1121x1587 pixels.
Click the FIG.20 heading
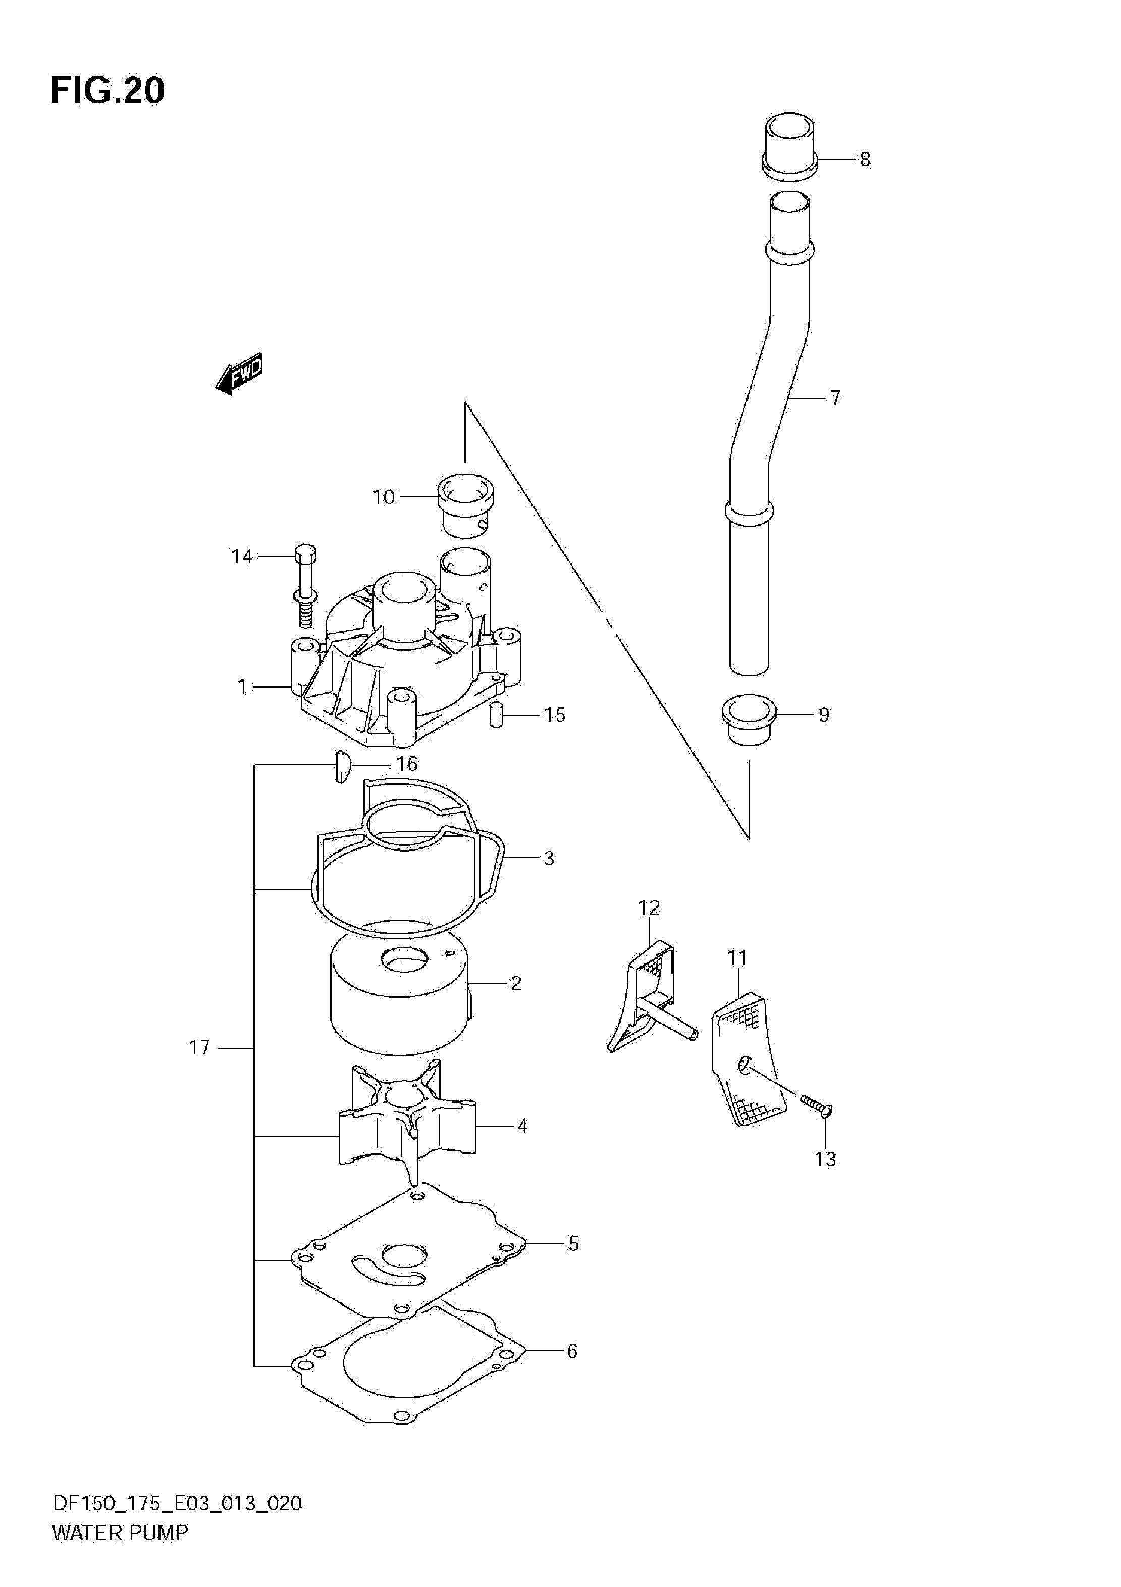pos(108,90)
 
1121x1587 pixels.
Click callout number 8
pos(865,160)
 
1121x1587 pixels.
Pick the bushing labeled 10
pos(465,506)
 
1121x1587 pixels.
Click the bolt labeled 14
pos(305,586)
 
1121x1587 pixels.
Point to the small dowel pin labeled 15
pos(496,715)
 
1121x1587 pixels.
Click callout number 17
pos(199,1048)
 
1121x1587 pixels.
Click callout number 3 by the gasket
pos(549,859)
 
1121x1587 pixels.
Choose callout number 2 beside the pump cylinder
pos(516,983)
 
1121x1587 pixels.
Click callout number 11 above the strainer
pos(738,958)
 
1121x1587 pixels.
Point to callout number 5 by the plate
pos(573,1244)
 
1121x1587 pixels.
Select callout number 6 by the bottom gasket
pos(572,1352)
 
